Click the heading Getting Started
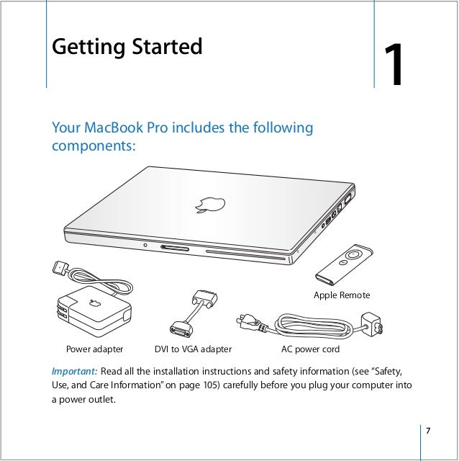coord(127,48)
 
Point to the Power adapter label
coord(94,349)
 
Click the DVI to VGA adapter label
coord(194,349)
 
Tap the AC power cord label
coord(309,349)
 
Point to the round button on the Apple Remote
coord(353,254)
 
